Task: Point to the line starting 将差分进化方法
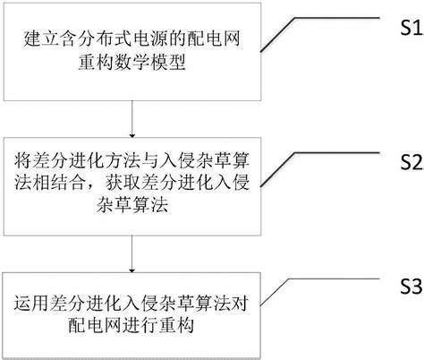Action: pyautogui.click(x=133, y=162)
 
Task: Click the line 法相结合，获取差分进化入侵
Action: pyautogui.click(x=133, y=184)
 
